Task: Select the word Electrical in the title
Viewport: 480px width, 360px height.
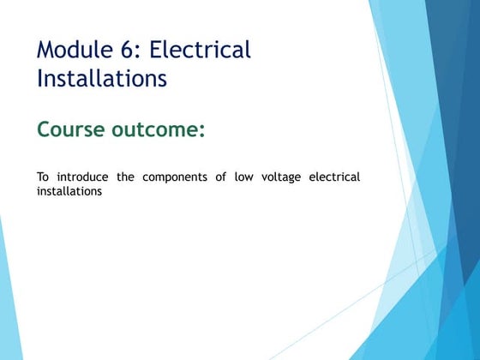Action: (x=201, y=50)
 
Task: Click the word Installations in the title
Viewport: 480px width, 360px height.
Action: (x=101, y=79)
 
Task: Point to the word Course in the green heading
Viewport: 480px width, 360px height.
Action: (x=72, y=130)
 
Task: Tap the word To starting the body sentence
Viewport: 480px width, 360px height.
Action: (x=42, y=177)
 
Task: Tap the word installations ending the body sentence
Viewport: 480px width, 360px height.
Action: (x=69, y=191)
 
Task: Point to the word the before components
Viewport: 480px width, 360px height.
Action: (x=126, y=177)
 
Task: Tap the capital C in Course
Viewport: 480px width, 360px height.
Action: (x=45, y=130)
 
